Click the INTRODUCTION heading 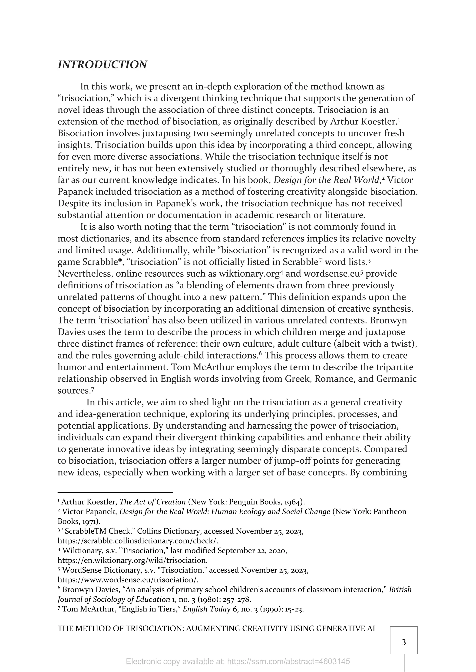tap(102, 65)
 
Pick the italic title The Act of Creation tap(153, 502)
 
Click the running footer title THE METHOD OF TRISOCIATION tap(216, 628)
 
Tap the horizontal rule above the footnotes tap(115, 493)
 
